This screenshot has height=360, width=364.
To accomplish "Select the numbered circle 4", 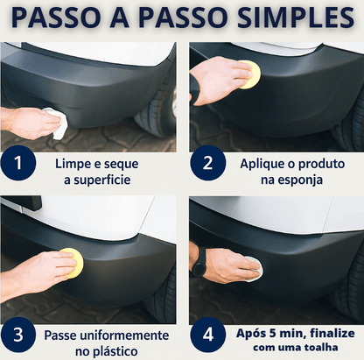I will pyautogui.click(x=206, y=336).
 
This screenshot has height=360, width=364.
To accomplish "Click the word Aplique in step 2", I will pyautogui.click(x=260, y=164).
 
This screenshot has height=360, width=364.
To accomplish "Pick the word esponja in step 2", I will pyautogui.click(x=298, y=180).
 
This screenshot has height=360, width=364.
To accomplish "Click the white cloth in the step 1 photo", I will pyautogui.click(x=56, y=124).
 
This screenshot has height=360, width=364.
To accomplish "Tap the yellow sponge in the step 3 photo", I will pyautogui.click(x=69, y=260).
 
